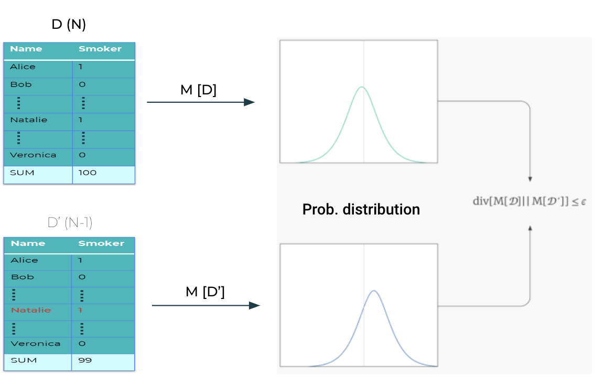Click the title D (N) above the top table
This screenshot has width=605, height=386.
(69, 24)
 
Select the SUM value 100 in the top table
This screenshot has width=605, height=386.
(88, 173)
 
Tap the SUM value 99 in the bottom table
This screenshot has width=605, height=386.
(85, 360)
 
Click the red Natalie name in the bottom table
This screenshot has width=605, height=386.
(31, 310)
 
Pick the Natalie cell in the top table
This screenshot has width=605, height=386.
(29, 120)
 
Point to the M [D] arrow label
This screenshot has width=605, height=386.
(198, 90)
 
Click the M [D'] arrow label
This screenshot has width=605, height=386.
(205, 292)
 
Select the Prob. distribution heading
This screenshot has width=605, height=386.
(361, 209)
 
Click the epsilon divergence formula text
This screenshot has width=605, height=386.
(530, 201)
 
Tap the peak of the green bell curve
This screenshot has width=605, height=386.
(362, 87)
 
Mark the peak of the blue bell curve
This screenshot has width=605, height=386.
(374, 291)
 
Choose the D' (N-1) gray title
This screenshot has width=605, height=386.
(70, 223)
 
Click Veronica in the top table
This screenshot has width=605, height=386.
(33, 155)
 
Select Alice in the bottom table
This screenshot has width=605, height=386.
(24, 260)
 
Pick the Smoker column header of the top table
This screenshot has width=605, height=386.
(100, 49)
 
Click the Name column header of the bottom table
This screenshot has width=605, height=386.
(28, 243)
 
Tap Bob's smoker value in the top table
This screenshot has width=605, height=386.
(82, 84)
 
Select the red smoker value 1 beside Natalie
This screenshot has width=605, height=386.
(80, 310)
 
